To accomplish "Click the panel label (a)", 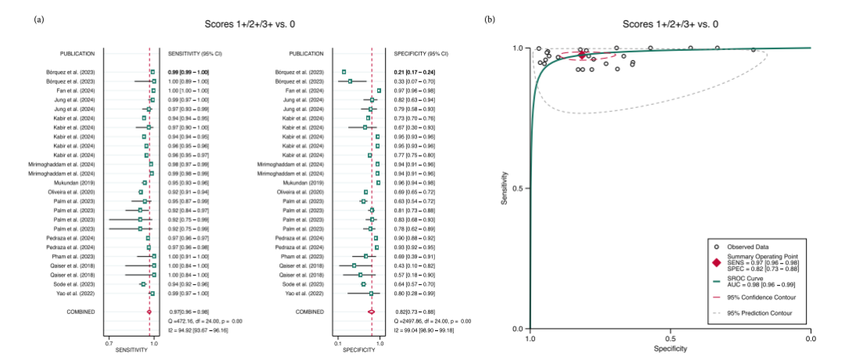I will [38, 19].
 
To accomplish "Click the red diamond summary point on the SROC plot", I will [581, 55].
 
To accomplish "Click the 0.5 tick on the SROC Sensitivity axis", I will [521, 188].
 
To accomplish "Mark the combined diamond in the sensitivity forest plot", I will [149, 311].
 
